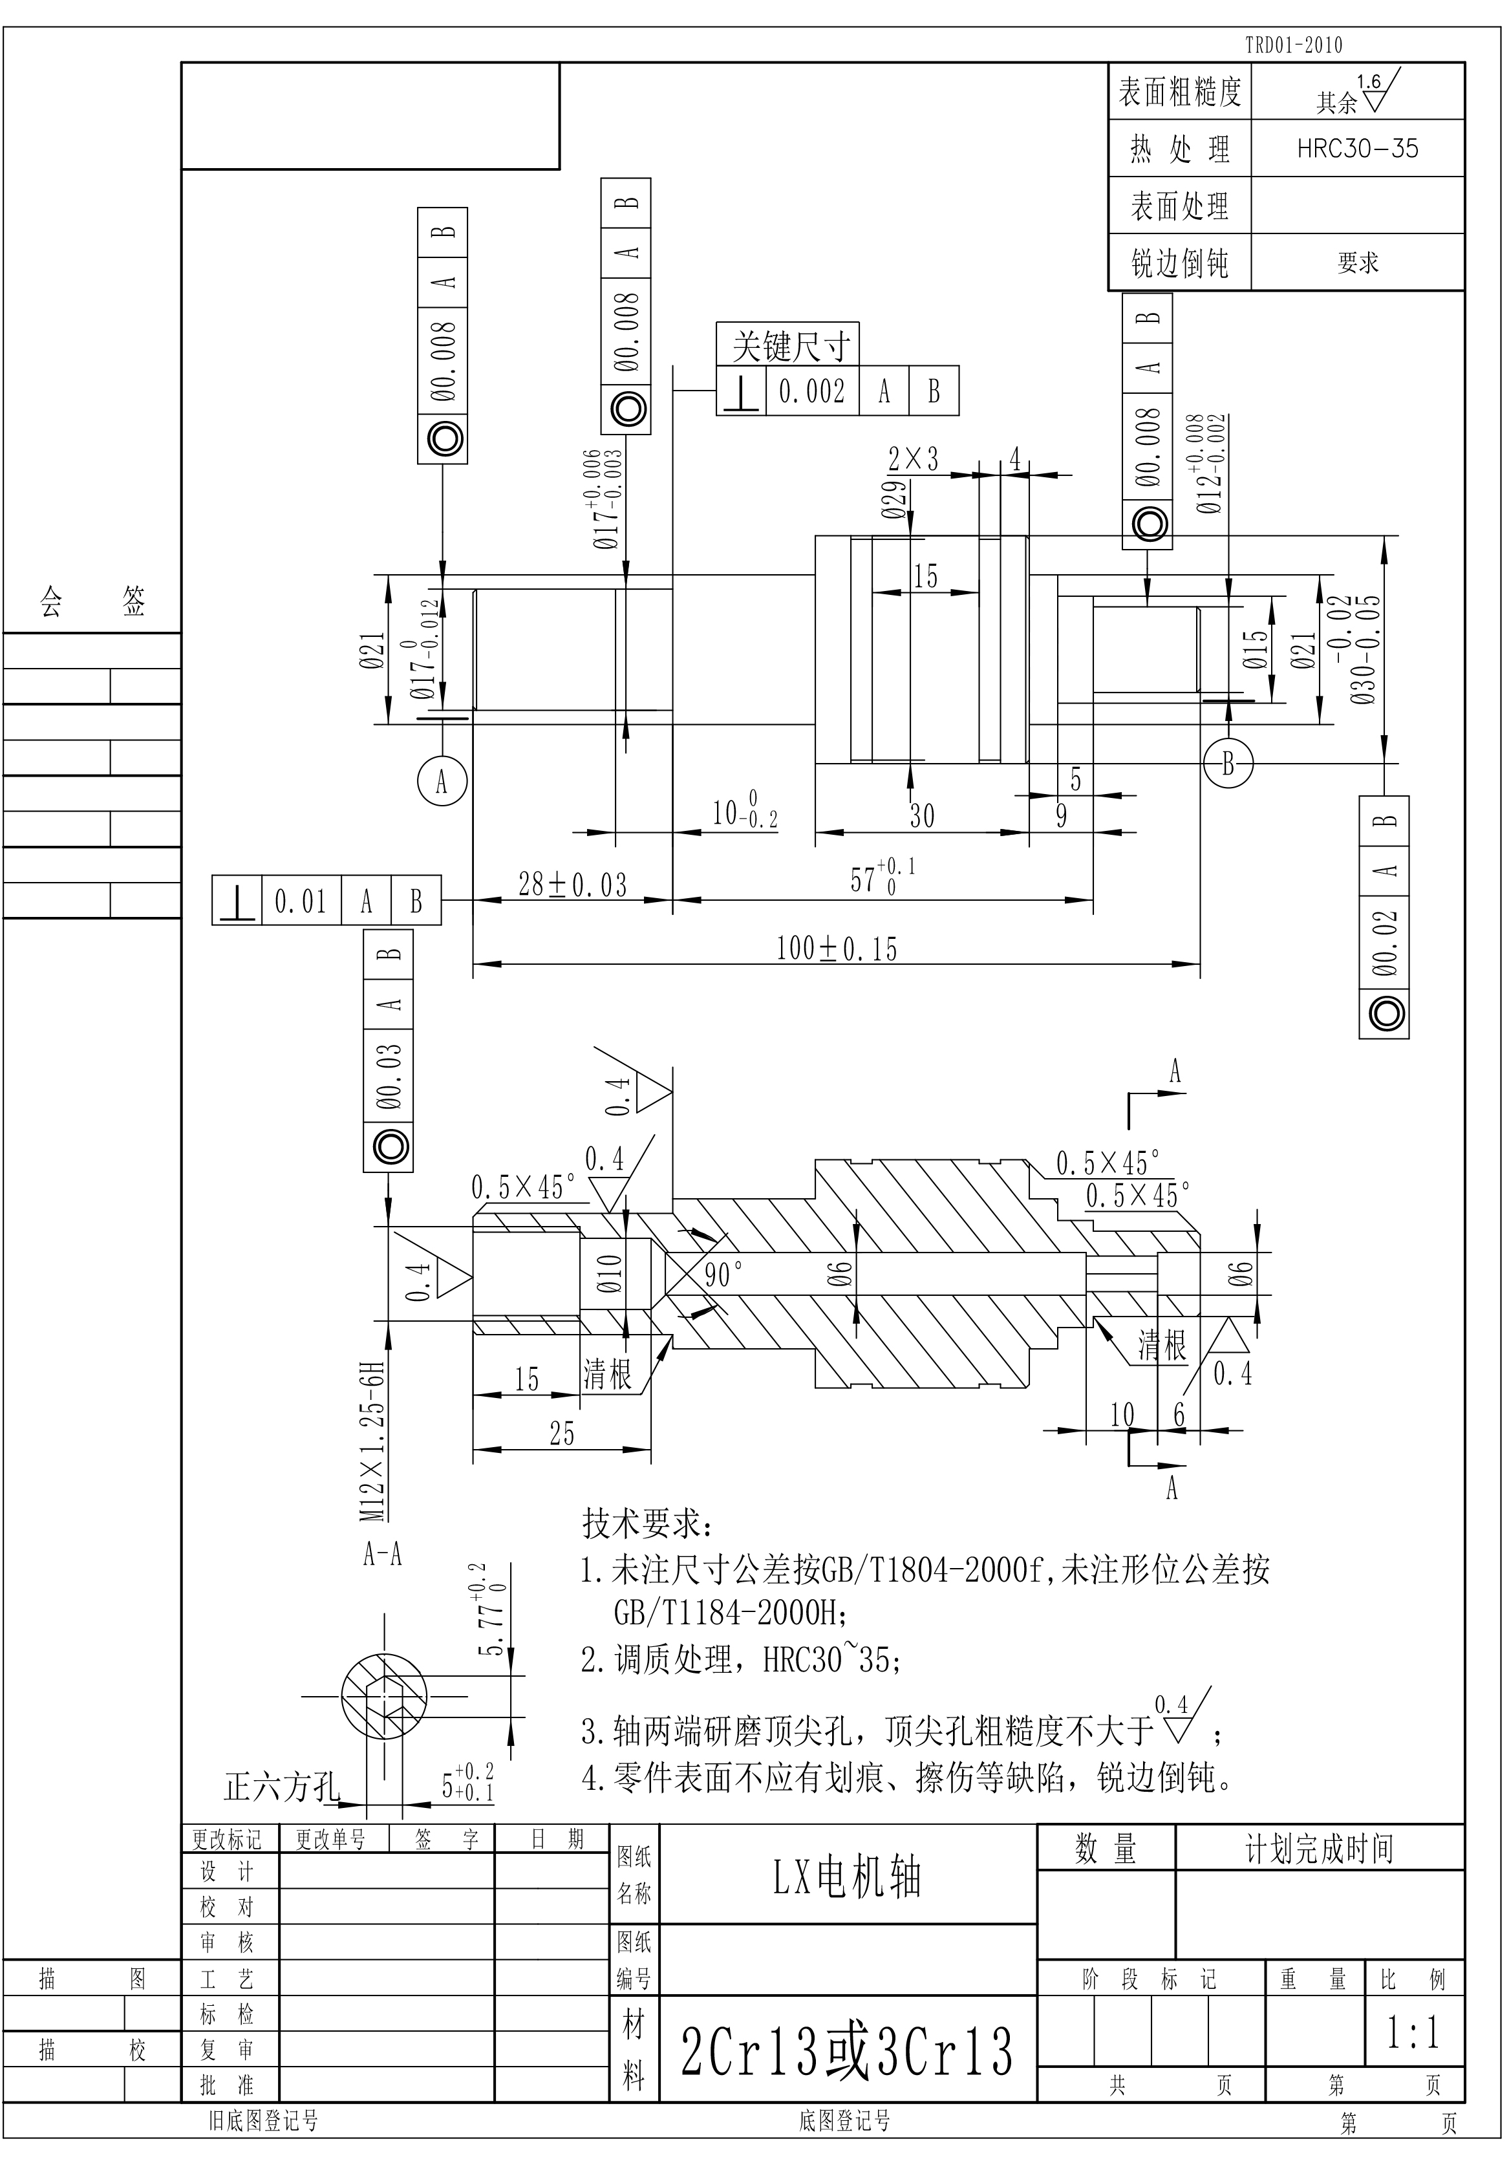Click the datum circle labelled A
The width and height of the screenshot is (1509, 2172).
tap(442, 781)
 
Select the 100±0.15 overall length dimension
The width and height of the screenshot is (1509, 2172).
tap(836, 949)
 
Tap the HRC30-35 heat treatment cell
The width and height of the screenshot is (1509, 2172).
tap(1357, 149)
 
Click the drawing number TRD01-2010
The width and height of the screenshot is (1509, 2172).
tap(1292, 45)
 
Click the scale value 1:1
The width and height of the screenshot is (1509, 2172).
tap(1413, 2031)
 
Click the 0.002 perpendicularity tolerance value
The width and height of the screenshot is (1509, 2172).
tap(811, 391)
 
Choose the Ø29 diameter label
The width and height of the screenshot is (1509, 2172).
tap(894, 499)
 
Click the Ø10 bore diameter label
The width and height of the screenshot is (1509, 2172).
tap(610, 1274)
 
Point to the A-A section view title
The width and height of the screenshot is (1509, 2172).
tap(383, 1554)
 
